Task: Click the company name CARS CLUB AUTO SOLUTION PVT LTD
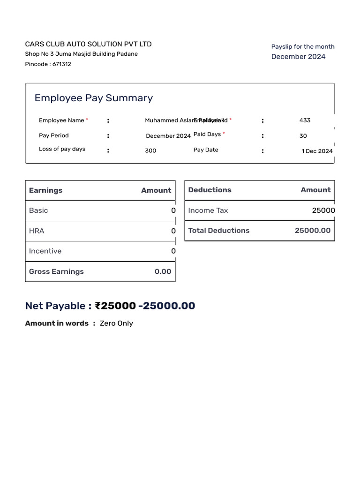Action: pyautogui.click(x=88, y=44)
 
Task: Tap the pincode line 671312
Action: pyautogui.click(x=48, y=64)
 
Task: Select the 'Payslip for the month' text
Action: pyautogui.click(x=303, y=46)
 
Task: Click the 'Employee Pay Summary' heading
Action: pyautogui.click(x=94, y=98)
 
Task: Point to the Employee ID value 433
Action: pyautogui.click(x=305, y=120)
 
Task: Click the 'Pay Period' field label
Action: pyautogui.click(x=54, y=135)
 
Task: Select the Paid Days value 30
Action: pyautogui.click(x=303, y=136)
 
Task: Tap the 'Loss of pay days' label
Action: pyautogui.click(x=62, y=149)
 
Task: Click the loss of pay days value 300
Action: pyautogui.click(x=150, y=151)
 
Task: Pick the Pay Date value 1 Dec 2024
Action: pyautogui.click(x=317, y=151)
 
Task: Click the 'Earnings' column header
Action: pyautogui.click(x=45, y=190)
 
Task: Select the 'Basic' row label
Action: pyautogui.click(x=38, y=210)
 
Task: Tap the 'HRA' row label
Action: pyautogui.click(x=37, y=231)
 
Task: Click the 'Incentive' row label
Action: pyautogui.click(x=45, y=251)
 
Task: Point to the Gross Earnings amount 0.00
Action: pyautogui.click(x=163, y=271)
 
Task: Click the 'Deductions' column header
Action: pyautogui.click(x=210, y=190)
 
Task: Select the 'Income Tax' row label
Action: pyautogui.click(x=208, y=210)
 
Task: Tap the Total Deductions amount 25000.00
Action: pyautogui.click(x=313, y=231)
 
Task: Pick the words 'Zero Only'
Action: pyautogui.click(x=116, y=323)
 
